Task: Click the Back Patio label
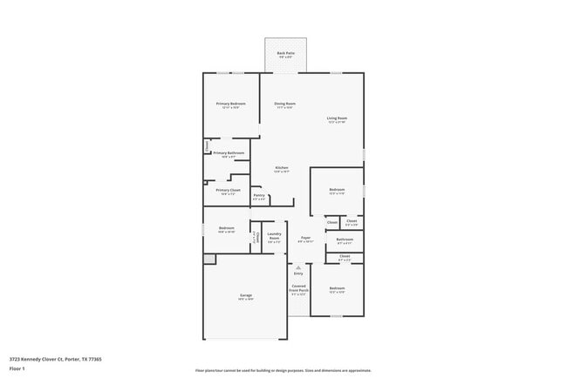tap(286, 54)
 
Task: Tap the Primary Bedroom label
tap(231, 105)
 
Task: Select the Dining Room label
tap(284, 105)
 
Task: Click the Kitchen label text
tap(281, 168)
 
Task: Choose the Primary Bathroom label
tap(229, 153)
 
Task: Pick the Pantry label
tap(259, 196)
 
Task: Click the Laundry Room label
tap(273, 237)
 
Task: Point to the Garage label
tap(246, 296)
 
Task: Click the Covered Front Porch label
tap(299, 288)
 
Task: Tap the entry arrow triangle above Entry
tap(298, 267)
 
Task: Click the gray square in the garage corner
tap(209, 259)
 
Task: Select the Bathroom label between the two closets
tap(345, 240)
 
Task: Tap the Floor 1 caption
tap(17, 369)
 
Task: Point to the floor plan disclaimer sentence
tap(283, 370)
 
